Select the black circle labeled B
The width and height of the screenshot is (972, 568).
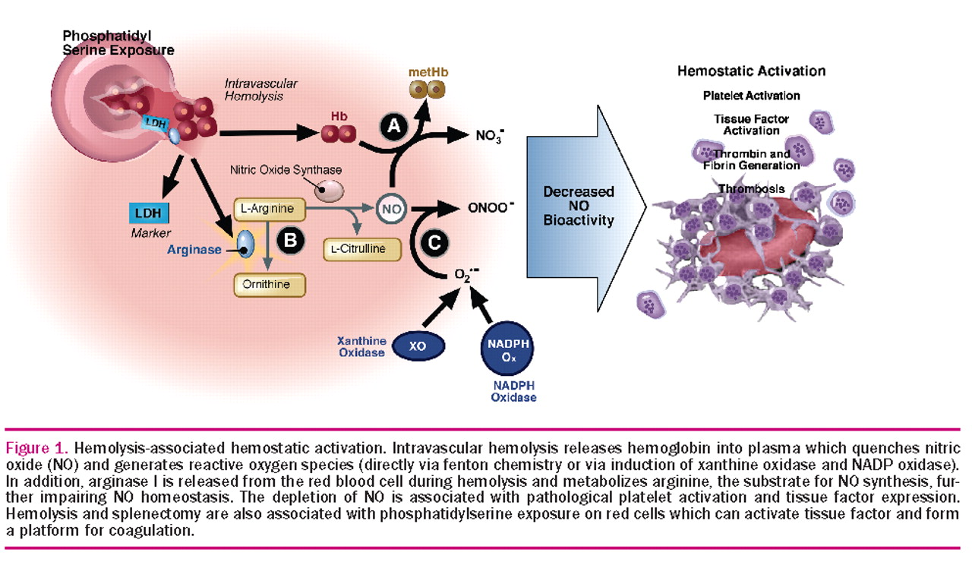[290, 241]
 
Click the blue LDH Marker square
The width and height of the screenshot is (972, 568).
[150, 213]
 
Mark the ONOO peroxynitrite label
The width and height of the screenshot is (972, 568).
[491, 205]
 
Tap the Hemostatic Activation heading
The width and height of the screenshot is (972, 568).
[751, 71]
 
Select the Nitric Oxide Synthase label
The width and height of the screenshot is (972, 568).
[286, 170]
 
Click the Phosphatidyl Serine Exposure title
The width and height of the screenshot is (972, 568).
[118, 43]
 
